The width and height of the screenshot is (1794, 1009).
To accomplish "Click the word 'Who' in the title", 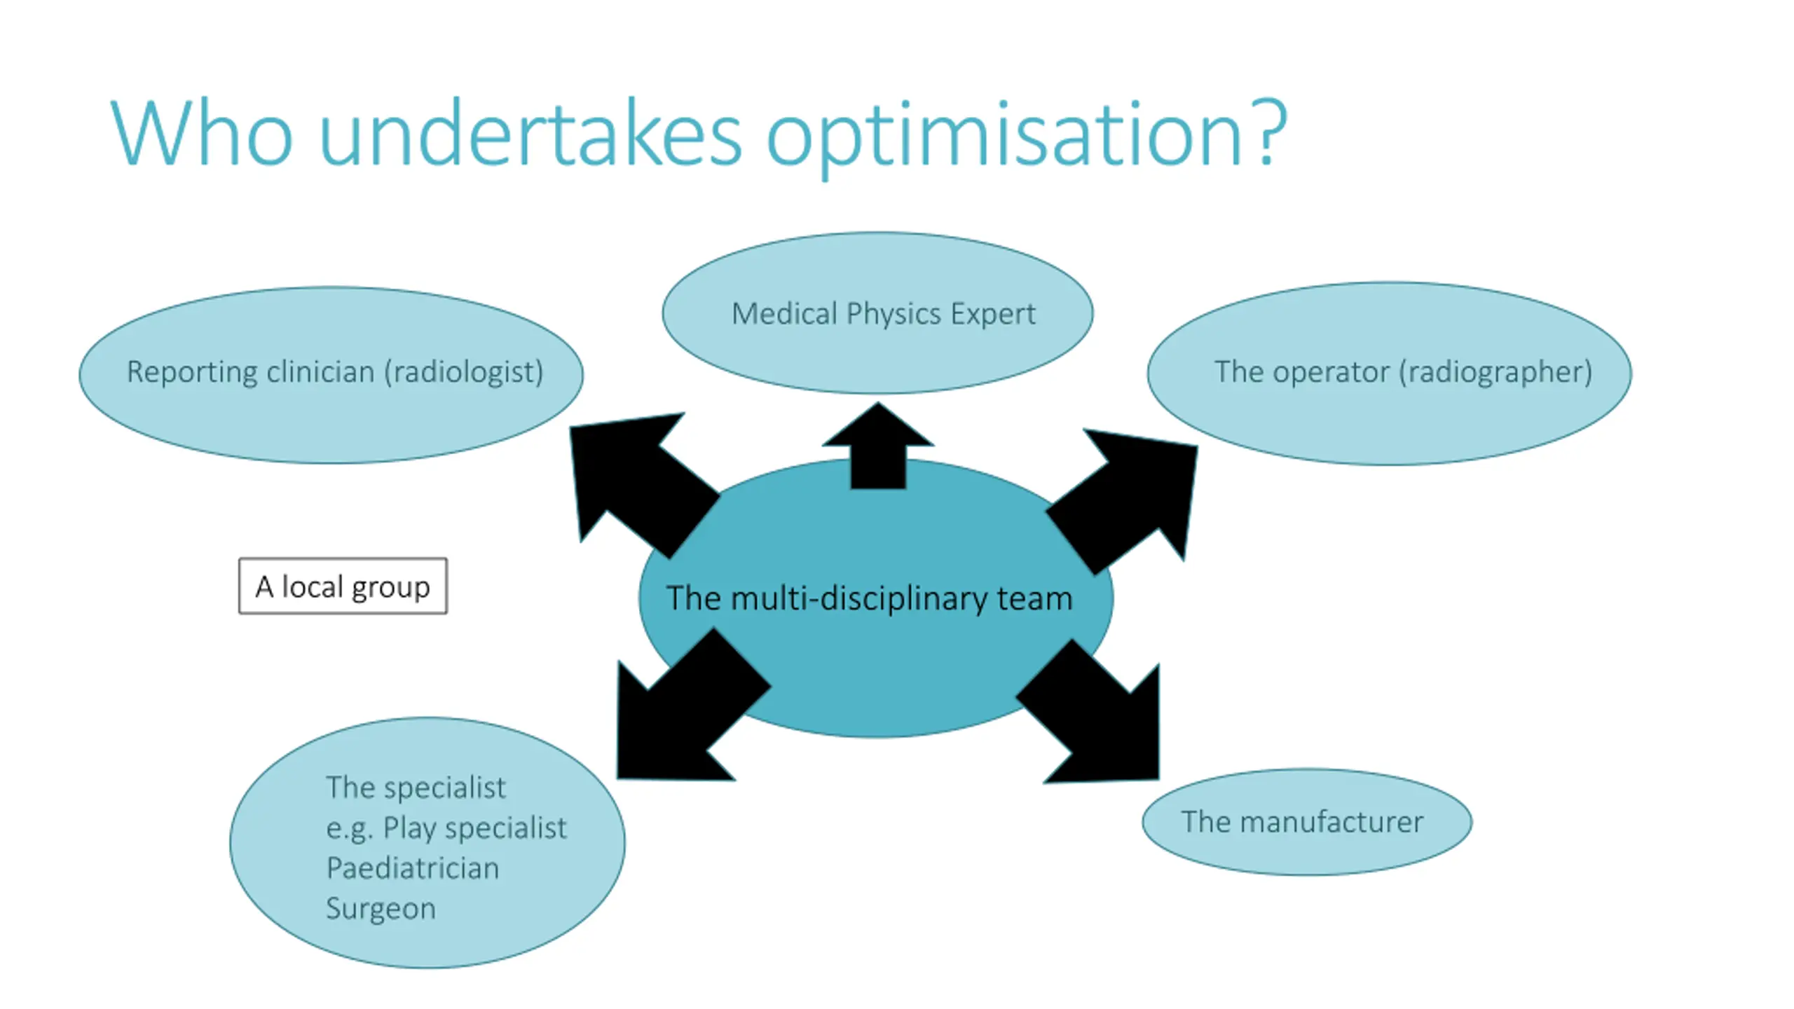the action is click(201, 133).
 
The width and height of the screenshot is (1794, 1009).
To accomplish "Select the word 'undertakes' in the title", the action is click(530, 132).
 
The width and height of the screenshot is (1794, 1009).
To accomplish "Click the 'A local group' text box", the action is click(343, 586).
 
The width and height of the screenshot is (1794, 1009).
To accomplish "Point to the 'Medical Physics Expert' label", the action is click(883, 313).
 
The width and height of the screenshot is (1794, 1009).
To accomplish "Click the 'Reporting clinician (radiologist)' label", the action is click(335, 371).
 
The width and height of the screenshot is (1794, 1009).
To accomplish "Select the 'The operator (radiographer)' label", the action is click(1403, 371).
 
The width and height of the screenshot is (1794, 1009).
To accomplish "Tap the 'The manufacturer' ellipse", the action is click(1307, 822).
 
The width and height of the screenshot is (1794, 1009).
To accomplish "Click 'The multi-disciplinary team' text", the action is click(869, 598).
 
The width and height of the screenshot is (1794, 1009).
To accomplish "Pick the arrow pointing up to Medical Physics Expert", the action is click(878, 446).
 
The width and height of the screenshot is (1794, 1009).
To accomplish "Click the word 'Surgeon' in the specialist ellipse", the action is click(381, 909).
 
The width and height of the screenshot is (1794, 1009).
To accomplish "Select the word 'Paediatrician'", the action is click(413, 868).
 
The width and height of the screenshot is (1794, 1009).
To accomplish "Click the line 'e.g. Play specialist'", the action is click(446, 828).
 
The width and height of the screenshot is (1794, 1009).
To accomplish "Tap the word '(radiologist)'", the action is click(463, 371).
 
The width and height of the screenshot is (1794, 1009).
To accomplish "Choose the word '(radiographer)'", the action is click(1495, 371).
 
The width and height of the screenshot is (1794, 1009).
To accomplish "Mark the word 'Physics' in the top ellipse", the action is click(890, 314).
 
